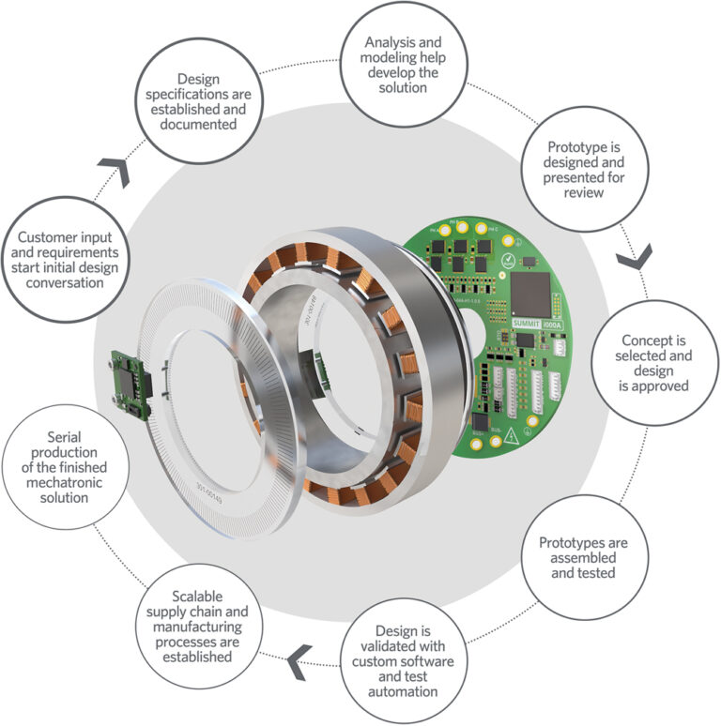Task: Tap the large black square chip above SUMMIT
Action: click(531, 293)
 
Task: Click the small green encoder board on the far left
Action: click(131, 384)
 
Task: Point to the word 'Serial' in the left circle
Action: click(66, 438)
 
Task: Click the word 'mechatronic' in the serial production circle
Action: click(66, 483)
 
